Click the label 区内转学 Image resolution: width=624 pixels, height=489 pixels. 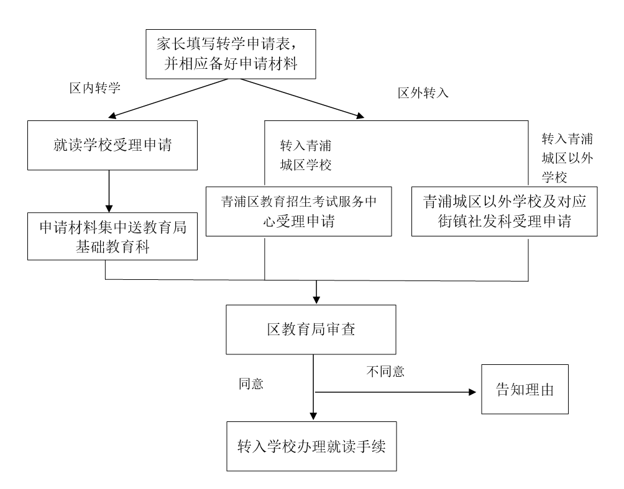click(x=94, y=89)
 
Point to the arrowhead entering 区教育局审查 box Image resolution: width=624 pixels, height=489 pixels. click(x=316, y=297)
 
